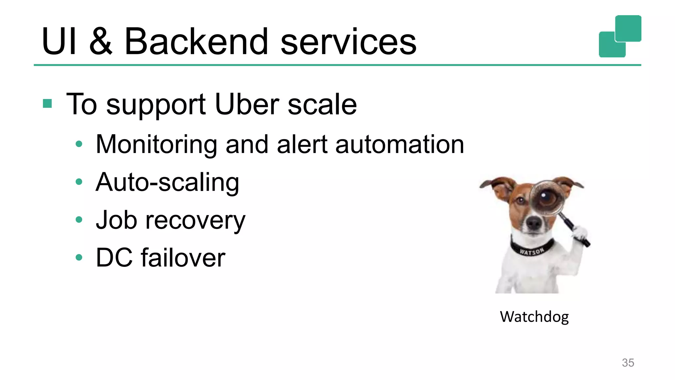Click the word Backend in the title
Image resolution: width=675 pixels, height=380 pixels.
[196, 42]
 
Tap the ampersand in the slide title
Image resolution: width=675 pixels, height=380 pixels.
[101, 42]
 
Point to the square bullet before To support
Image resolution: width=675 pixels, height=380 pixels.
[47, 104]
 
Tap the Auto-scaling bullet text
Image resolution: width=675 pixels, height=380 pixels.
[167, 183]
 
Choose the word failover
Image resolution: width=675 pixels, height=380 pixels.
[183, 258]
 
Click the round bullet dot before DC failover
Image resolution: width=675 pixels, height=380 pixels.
[79, 257]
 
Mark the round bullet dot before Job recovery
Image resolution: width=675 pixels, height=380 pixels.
[79, 220]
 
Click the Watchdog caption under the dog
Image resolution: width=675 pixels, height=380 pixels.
[534, 317]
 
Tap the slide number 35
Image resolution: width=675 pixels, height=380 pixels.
[628, 363]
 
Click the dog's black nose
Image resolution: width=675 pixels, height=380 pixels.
[534, 223]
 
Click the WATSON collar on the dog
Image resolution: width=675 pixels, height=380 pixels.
[532, 251]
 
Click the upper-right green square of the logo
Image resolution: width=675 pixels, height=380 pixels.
[628, 28]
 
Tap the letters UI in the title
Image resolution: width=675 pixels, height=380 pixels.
[59, 42]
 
